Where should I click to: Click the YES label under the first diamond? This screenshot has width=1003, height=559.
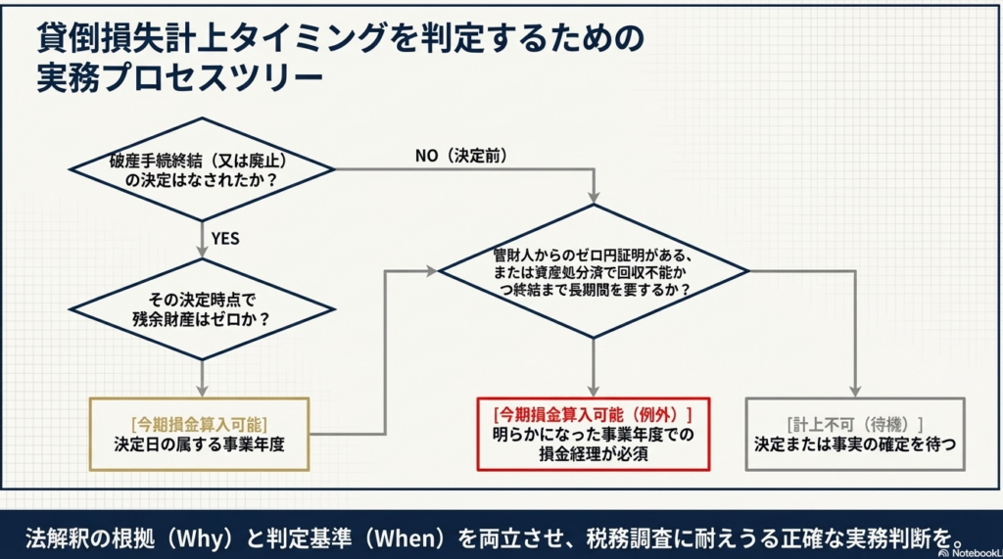(225, 238)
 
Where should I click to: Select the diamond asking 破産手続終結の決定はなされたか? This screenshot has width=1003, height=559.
(201, 170)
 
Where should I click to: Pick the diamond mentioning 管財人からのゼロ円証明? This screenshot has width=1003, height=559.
(593, 271)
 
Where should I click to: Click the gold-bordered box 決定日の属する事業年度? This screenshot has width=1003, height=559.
(199, 434)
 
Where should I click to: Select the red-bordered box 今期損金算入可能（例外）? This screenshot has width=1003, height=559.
(594, 434)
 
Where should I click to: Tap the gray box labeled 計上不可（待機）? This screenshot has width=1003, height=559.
(854, 434)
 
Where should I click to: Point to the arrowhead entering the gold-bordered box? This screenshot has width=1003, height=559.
(201, 392)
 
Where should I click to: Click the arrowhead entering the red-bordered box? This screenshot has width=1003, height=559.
(594, 392)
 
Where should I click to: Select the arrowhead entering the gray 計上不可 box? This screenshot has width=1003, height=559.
(855, 392)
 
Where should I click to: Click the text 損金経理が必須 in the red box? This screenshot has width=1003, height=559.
(594, 453)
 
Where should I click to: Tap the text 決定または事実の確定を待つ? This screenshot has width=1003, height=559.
(854, 443)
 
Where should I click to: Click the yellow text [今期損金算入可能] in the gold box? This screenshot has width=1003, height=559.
(199, 424)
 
